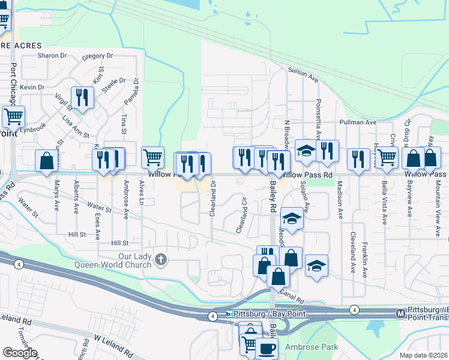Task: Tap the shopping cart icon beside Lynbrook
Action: pos(13,116)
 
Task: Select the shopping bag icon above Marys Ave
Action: pos(46,160)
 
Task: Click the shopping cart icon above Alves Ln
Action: pos(153,157)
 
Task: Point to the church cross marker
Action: pos(160,259)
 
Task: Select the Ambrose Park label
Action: pos(312,347)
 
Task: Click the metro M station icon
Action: pos(401,313)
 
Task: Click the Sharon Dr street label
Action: pos(52,55)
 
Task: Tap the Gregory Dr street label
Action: pos(97,56)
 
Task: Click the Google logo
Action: pos(20,353)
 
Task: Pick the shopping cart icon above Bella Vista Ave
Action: pos(387,157)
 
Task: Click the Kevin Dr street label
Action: pos(32,87)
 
